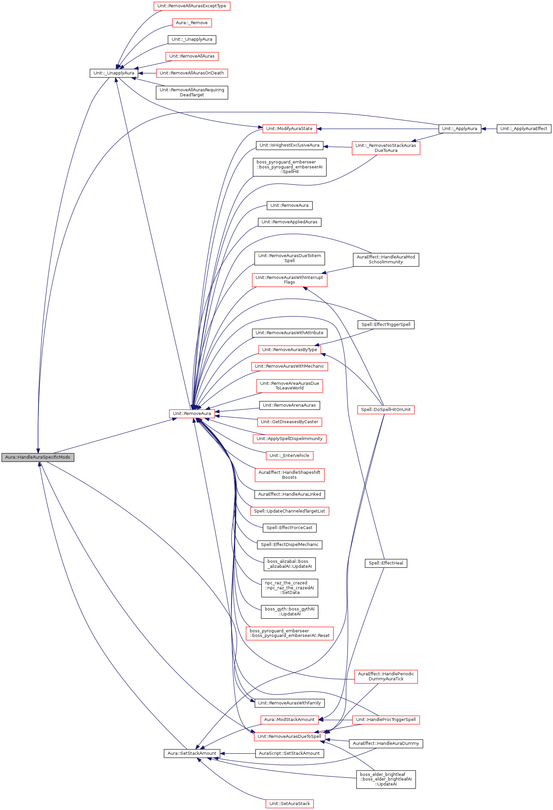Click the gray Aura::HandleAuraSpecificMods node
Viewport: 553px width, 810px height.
(x=38, y=457)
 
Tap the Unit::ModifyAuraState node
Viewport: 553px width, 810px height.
(x=289, y=129)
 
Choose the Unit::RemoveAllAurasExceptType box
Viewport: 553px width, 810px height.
(x=191, y=6)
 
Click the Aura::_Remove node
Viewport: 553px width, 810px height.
(x=191, y=22)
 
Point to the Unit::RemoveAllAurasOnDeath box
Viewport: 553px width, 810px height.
(x=191, y=73)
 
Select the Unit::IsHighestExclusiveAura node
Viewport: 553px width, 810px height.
(x=289, y=145)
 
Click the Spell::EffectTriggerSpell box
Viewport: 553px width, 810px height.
(x=386, y=325)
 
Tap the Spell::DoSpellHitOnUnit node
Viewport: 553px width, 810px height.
(x=386, y=410)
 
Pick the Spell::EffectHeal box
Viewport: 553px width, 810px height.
(x=386, y=563)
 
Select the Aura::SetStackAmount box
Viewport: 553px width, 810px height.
(x=191, y=753)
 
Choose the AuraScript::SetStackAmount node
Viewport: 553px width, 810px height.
(x=289, y=753)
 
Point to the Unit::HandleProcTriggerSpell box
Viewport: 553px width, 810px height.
(x=386, y=719)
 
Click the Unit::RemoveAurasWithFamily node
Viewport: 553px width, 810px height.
(x=289, y=703)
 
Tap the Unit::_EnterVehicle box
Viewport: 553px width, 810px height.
(x=289, y=456)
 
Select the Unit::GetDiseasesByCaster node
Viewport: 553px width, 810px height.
(x=289, y=422)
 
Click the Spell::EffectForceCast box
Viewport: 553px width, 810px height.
(x=289, y=528)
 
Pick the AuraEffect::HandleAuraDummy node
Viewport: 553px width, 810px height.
(x=386, y=743)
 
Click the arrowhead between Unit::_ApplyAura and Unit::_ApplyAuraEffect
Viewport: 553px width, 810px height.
(x=484, y=129)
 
